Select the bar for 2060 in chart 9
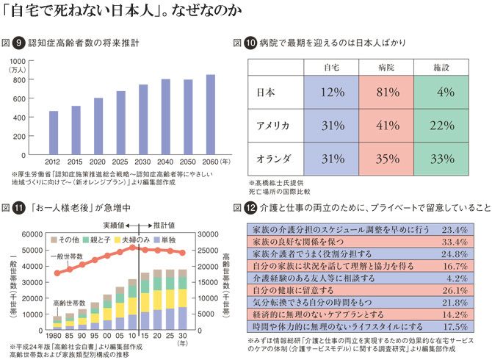[x=211, y=115]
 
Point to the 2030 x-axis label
[x=144, y=160]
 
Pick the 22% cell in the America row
[x=441, y=125]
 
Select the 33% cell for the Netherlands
[x=441, y=158]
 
